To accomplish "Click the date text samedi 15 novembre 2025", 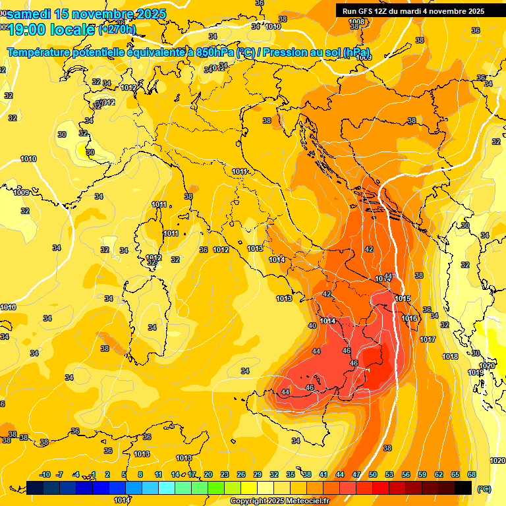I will point(86,14).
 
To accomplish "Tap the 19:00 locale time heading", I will point(52,28).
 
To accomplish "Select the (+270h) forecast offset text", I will point(117,30).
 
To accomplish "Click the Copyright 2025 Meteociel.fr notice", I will point(279,501).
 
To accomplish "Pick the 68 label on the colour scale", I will point(472,474).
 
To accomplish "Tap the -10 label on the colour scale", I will point(45,474).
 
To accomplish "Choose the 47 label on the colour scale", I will point(356,474).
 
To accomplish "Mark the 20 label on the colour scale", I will point(208,474).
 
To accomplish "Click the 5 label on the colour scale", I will point(124,474).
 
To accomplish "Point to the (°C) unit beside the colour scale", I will point(484,489).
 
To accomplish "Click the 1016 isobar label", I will point(409,318).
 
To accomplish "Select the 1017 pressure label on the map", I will point(428,339).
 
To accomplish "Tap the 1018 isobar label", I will point(450,356).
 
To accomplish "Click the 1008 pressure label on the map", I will point(356,22).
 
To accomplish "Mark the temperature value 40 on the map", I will point(312,325).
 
